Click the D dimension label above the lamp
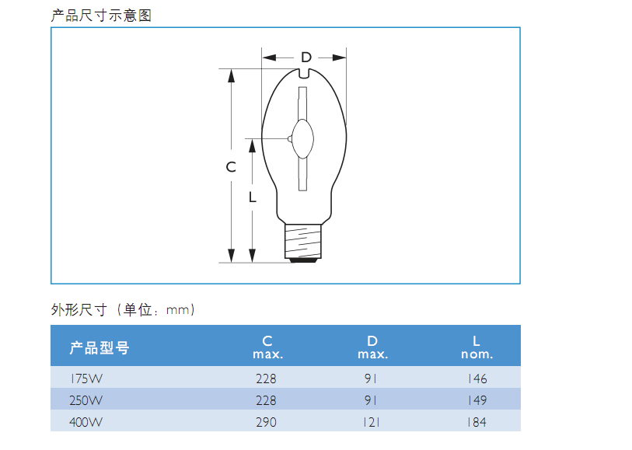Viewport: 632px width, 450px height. pos(306,58)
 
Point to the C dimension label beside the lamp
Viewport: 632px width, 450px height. pos(231,167)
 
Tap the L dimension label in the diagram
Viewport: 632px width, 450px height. pos(253,197)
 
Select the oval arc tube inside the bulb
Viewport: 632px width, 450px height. pos(302,138)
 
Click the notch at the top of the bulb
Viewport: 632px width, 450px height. pos(304,73)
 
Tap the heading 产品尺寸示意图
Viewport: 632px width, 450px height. pos(101,16)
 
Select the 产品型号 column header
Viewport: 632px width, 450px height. pos(100,347)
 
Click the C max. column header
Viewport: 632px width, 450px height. pos(267,347)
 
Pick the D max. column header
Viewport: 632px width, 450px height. pos(372,347)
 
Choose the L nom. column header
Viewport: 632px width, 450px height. pos(477,347)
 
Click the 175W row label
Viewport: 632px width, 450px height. pos(86,378)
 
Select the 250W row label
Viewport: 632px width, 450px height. pos(86,400)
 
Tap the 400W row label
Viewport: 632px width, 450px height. pos(86,422)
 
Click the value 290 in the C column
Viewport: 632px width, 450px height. pos(266,422)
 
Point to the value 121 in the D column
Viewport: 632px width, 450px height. pos(372,422)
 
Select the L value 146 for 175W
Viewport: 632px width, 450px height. pos(477,378)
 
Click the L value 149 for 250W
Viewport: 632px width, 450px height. pos(477,400)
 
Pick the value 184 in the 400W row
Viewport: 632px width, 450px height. pos(477,422)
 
